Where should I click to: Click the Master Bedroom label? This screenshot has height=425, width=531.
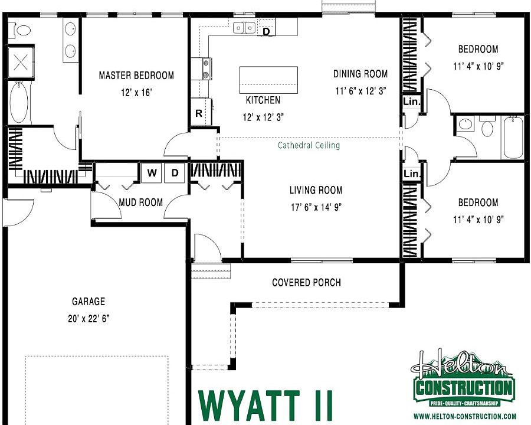coord(136,76)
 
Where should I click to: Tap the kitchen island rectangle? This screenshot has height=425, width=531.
coord(268,80)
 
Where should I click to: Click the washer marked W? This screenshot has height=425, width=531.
coord(152,172)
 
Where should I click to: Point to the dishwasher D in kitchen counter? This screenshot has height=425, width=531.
coord(266,31)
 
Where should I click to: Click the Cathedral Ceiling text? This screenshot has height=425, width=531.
coord(309,145)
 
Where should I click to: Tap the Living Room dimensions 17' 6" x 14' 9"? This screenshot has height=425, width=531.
coord(316,207)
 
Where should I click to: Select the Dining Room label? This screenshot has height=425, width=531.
coord(360,74)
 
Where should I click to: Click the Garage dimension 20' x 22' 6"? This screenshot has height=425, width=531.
coord(88,318)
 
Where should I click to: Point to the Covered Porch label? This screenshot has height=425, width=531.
coord(306,283)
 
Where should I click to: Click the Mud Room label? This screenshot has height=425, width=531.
coord(140,202)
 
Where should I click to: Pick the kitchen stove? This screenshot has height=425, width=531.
coord(206,68)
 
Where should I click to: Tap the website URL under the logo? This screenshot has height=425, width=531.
coord(464,416)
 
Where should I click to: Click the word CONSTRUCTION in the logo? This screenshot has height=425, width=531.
coord(464,388)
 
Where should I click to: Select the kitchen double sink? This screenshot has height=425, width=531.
coord(244,27)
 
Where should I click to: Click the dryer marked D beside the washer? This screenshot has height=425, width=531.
coord(174,172)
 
